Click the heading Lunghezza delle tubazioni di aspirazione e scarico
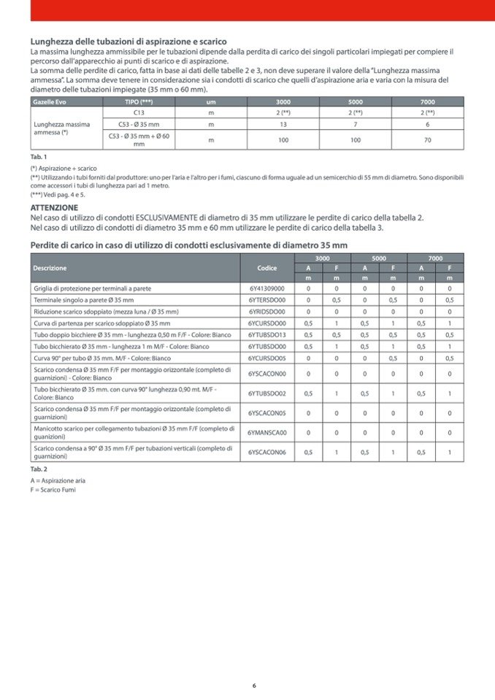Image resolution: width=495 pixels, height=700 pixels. pos(128,41)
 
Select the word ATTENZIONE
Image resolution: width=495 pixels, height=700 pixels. pos(54,208)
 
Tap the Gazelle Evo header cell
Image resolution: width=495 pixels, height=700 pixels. pos(50,101)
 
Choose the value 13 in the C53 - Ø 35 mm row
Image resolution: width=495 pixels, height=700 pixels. pos(283,124)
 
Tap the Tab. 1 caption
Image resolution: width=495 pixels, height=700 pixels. pos(39,157)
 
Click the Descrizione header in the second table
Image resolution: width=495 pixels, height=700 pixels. pos(50,268)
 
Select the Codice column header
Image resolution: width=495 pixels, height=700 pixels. pos(267,268)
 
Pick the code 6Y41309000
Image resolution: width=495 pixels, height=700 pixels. pos(266,288)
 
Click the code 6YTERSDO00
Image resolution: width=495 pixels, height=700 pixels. pos(266,300)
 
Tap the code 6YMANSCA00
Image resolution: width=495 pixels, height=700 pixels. pos(266,432)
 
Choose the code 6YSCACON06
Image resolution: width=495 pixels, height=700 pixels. pos(266,452)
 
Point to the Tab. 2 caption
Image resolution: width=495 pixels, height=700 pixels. pos(39,469)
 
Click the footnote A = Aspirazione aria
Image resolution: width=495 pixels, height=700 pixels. pos(58,481)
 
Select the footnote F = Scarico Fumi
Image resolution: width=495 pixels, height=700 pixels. pos(53,490)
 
